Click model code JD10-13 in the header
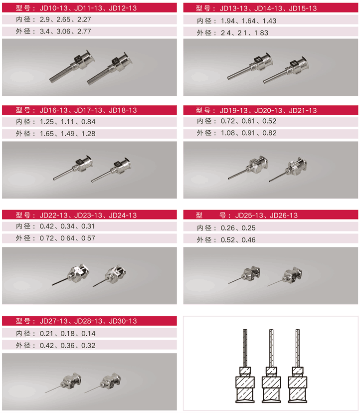54,8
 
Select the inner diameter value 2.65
63,19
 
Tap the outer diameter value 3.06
63,31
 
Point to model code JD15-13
303,8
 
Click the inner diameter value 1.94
227,21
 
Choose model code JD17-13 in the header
88,110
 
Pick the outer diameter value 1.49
68,134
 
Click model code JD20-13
268,110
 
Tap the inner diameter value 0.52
269,121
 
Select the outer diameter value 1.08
227,133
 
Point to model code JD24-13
123,215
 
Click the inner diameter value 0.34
67,226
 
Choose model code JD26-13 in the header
284,215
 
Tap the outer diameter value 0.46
249,240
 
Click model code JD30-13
123,321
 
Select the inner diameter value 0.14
88,334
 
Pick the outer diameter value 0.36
67,345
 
